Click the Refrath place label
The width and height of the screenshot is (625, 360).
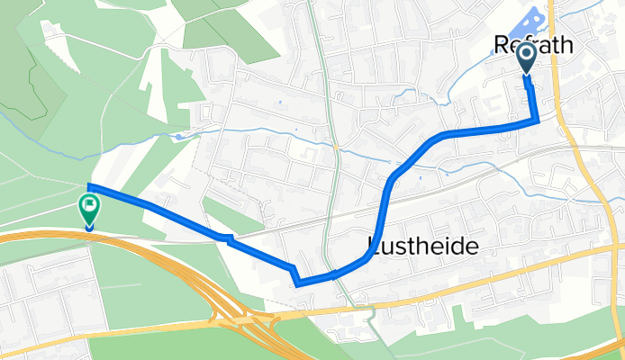coord(534,45)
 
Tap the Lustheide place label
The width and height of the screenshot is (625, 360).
coord(421,245)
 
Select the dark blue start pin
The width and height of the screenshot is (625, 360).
coord(527,59)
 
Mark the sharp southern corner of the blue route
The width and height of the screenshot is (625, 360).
coord(296,283)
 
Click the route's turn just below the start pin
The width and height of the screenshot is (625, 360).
coord(538,121)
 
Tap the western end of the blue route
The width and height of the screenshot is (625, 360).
coord(89,187)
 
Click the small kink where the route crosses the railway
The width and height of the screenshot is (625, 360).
coord(231,238)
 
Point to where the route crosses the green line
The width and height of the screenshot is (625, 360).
coord(335,274)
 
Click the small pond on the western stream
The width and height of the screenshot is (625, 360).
coord(180,137)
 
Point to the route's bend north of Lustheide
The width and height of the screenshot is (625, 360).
coord(391,180)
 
